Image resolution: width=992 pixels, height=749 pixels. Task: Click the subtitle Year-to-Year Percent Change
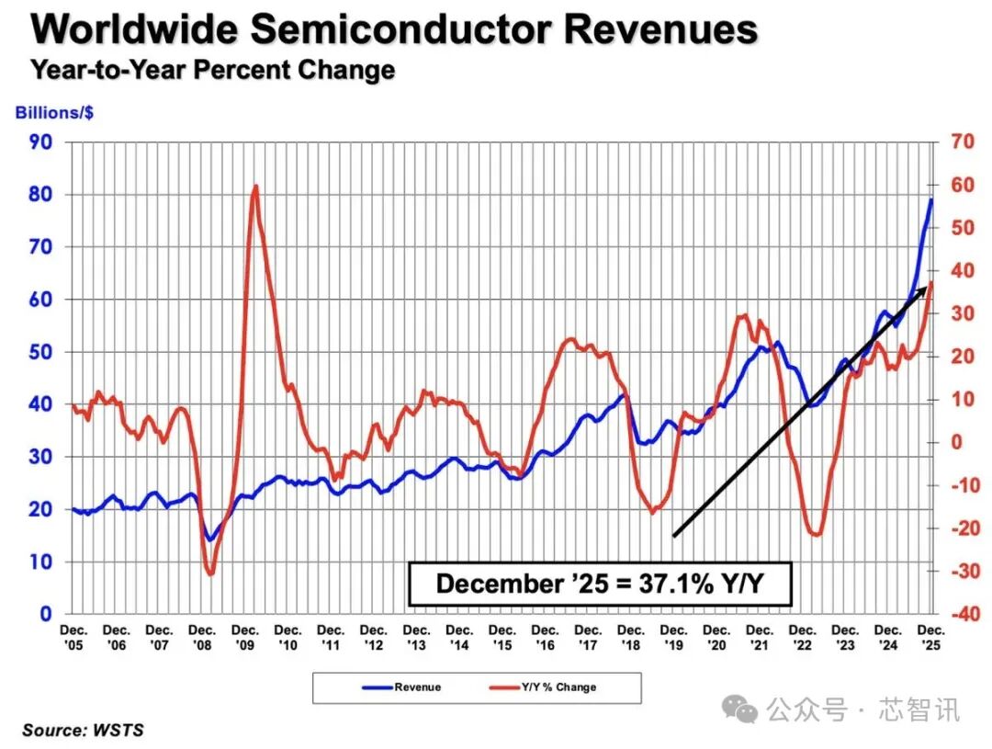[x=213, y=70]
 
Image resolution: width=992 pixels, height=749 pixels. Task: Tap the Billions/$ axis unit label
[x=54, y=113]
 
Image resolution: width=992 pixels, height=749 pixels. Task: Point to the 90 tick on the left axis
[x=40, y=142]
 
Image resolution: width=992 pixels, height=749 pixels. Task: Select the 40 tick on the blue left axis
[x=40, y=404]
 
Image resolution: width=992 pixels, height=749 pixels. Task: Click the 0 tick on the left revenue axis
[x=46, y=614]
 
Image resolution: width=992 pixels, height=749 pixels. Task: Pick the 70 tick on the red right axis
[x=963, y=142]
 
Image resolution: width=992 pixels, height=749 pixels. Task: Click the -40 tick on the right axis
[x=965, y=614]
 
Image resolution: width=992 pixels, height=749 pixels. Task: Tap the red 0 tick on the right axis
[x=957, y=442]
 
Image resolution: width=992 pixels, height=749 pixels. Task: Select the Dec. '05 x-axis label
[x=74, y=638]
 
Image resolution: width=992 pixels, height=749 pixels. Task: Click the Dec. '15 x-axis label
[x=502, y=638]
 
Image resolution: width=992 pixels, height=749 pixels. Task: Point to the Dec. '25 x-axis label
[x=931, y=638]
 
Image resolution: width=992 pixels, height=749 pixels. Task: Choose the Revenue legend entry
[x=401, y=687]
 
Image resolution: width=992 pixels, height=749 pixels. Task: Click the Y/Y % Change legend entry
[x=543, y=687]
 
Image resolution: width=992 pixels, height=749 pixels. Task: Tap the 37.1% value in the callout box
[x=676, y=584]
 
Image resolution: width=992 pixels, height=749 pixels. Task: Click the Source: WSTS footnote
[x=83, y=730]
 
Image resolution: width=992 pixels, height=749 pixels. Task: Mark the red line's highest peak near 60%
[x=255, y=187]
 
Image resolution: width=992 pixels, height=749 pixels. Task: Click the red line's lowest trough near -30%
[x=210, y=573]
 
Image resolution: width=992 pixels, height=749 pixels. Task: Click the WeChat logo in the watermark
[x=739, y=709]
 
